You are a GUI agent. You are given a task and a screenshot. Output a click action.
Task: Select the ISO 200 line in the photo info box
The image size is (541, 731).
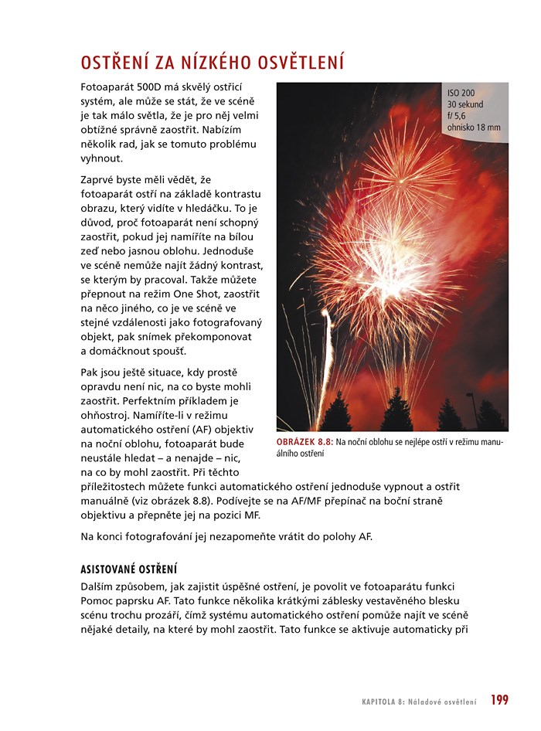[x=461, y=93]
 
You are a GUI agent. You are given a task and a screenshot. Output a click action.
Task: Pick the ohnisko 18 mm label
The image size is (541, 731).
[x=474, y=127]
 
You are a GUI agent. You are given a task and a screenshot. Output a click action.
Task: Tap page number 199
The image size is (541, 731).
[x=499, y=700]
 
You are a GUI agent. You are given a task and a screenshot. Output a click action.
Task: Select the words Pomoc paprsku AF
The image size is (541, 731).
[x=124, y=600]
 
